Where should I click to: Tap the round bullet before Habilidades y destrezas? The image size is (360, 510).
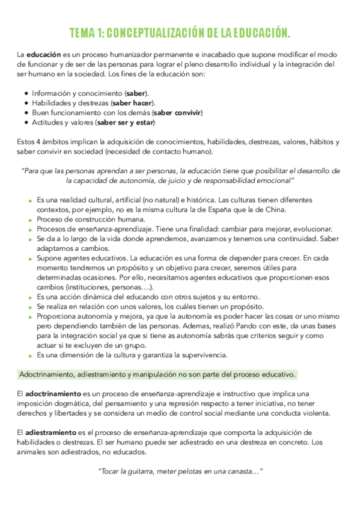point(26,103)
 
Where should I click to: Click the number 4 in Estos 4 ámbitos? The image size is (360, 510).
point(40,142)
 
